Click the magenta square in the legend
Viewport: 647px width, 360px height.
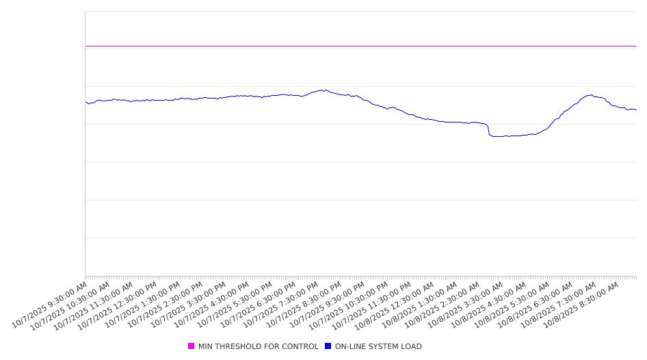pos(191,346)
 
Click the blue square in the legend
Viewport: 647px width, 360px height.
pos(328,346)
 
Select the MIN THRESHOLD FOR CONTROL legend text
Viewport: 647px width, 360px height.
pos(258,346)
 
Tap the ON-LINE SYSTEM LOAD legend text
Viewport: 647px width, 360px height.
pos(378,346)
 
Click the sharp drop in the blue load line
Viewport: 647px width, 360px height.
pos(488,131)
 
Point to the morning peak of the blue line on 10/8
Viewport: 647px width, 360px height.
pos(590,95)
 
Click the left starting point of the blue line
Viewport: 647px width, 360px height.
pos(85,103)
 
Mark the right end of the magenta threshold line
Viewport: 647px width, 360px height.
pos(636,46)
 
